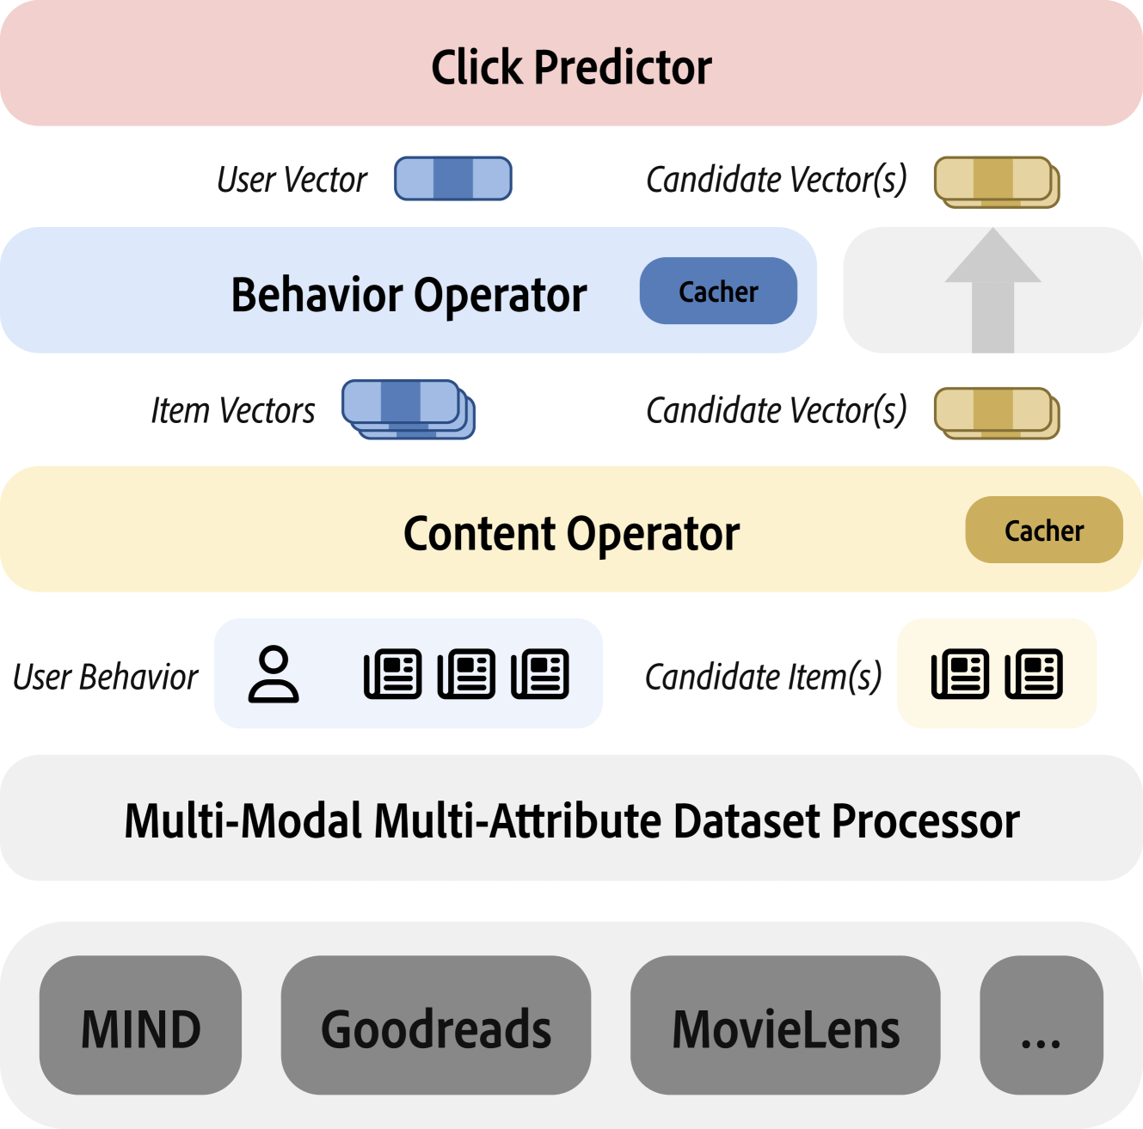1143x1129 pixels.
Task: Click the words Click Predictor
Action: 571,68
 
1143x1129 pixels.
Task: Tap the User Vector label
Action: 292,180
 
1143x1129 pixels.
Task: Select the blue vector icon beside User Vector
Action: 453,179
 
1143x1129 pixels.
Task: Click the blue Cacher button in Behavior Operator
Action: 718,291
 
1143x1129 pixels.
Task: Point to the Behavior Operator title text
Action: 409,296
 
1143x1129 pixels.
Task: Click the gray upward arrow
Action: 993,290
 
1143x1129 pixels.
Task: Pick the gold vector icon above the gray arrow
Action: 997,182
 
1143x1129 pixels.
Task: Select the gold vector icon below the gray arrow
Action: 997,413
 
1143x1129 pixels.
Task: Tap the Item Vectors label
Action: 233,410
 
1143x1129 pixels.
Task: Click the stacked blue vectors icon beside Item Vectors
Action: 409,409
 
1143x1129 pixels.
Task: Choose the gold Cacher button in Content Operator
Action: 1044,530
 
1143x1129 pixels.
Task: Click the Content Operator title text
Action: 571,534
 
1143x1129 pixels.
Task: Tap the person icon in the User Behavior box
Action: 273,674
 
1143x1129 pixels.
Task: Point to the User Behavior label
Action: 106,678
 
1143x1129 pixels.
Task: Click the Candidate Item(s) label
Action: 764,678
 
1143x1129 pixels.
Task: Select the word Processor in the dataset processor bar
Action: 926,821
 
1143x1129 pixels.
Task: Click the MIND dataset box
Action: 140,1025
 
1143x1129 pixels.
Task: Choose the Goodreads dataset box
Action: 436,1025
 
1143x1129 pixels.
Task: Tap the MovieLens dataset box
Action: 785,1025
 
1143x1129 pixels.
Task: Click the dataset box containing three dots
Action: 1042,1025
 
